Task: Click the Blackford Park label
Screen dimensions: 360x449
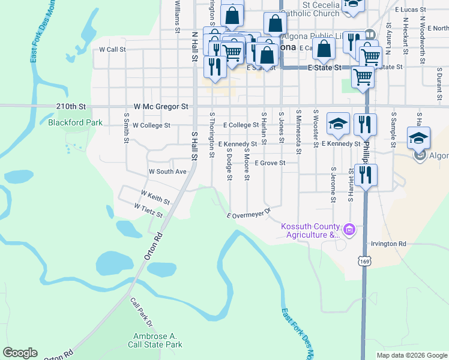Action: click(x=75, y=123)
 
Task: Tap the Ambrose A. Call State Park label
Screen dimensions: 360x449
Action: click(x=155, y=341)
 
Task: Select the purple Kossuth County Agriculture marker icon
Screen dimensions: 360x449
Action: click(x=349, y=229)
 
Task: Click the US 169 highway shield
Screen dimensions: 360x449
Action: click(x=364, y=261)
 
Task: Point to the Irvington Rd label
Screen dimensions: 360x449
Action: click(x=388, y=244)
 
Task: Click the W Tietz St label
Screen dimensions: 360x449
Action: click(x=149, y=210)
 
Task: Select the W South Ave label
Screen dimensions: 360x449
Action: click(x=167, y=172)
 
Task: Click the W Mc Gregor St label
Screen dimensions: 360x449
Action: click(x=161, y=106)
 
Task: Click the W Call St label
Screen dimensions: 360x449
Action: click(x=112, y=49)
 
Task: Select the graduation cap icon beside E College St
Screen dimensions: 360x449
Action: click(x=338, y=124)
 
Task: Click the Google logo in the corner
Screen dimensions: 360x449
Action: click(x=20, y=353)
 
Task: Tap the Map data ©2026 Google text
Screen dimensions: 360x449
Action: click(x=411, y=355)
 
